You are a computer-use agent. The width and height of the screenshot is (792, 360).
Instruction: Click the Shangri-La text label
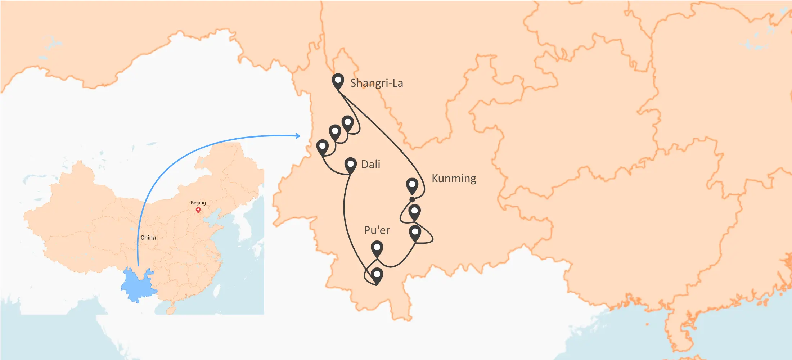point(377,83)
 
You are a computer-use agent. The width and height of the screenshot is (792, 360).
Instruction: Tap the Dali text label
point(370,165)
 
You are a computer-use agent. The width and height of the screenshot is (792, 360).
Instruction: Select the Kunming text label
point(454,179)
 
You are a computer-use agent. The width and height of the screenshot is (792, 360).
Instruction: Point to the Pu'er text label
point(377,230)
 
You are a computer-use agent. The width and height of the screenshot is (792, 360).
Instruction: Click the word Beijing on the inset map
point(198,203)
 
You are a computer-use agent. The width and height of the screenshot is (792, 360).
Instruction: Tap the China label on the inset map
point(148,238)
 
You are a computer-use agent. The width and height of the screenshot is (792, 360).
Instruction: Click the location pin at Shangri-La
point(338,81)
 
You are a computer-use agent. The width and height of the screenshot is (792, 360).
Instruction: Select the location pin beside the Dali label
point(350,165)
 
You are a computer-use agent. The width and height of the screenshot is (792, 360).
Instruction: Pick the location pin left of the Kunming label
point(412,185)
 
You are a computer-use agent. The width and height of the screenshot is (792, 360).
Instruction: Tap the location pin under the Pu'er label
point(377,248)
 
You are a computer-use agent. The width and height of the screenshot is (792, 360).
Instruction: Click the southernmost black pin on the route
point(377,275)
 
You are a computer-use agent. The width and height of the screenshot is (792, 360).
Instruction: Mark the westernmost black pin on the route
point(322,147)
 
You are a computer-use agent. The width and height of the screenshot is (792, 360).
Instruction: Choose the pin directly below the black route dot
point(414,211)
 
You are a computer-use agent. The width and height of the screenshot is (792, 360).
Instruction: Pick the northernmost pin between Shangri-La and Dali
point(347,123)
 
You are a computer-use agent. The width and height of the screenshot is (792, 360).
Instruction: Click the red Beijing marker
point(198,210)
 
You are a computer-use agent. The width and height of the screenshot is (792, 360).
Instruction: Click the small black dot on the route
point(412,199)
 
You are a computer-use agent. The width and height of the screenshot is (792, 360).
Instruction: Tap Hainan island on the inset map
point(171,310)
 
